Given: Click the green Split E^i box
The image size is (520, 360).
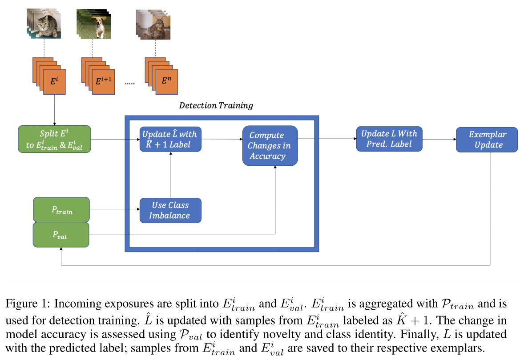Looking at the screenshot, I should [54, 139].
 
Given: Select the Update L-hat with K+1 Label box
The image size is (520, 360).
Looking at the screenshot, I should [170, 139].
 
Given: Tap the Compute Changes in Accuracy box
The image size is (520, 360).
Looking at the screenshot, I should [270, 145].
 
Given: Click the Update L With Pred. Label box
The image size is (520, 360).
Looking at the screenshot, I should [389, 139].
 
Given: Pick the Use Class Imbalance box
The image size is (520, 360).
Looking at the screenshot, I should [170, 210].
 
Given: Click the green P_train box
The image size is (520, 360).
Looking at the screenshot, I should [61, 211].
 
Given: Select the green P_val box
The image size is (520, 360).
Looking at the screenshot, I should [61, 235].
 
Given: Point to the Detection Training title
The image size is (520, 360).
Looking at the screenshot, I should [216, 105].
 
